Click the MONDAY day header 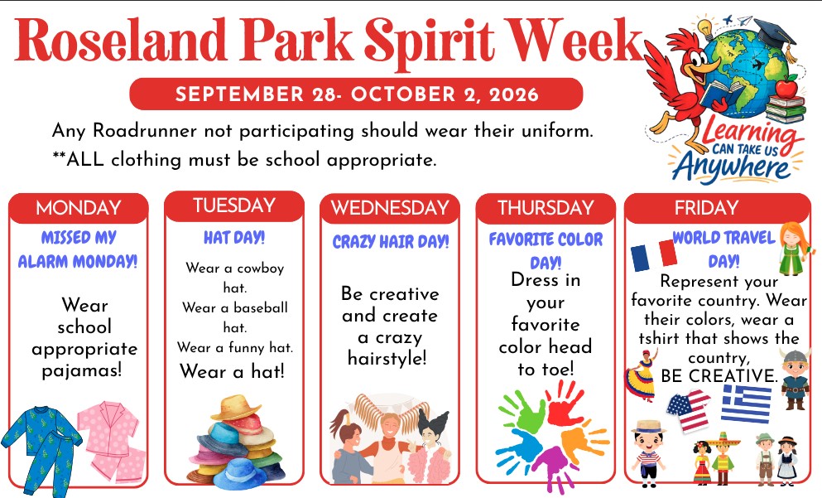tap(79, 208)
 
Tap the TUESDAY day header tap(234, 205)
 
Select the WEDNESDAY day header tap(390, 208)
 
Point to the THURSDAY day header tap(546, 208)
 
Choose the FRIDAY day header tap(706, 208)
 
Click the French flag tap(654, 255)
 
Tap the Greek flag tap(747, 403)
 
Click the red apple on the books tap(786, 86)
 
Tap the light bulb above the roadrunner tap(706, 27)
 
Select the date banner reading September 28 tap(357, 94)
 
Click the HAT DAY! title tap(234, 238)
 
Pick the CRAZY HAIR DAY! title tap(391, 241)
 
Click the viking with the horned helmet tap(796, 378)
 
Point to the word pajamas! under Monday tap(82, 370)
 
